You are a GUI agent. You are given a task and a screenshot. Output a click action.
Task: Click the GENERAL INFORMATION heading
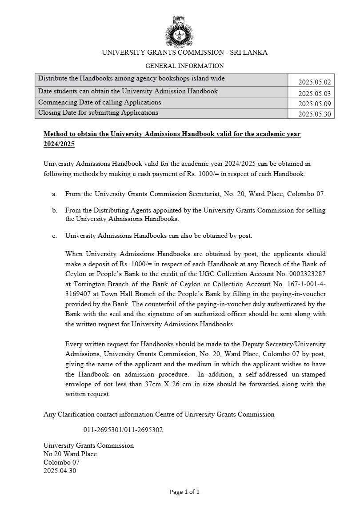click(x=184, y=66)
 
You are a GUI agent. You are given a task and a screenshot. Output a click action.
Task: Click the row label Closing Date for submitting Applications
click(x=98, y=112)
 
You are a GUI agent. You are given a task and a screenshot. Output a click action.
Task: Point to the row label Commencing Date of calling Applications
click(x=100, y=102)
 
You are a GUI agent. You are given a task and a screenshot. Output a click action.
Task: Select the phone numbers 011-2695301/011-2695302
click(x=123, y=430)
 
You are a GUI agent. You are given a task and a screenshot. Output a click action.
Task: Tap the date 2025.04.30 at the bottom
click(x=60, y=471)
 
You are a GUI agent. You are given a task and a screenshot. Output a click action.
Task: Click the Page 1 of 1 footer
click(x=185, y=492)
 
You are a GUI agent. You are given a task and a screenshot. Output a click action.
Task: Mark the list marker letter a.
click(x=54, y=194)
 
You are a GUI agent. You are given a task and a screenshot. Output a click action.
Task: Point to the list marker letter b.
click(x=54, y=210)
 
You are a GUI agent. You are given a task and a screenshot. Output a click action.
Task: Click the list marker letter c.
click(x=54, y=236)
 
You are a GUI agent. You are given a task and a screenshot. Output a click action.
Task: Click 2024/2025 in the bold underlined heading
click(x=59, y=144)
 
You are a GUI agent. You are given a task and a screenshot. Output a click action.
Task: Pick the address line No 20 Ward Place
click(x=70, y=454)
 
